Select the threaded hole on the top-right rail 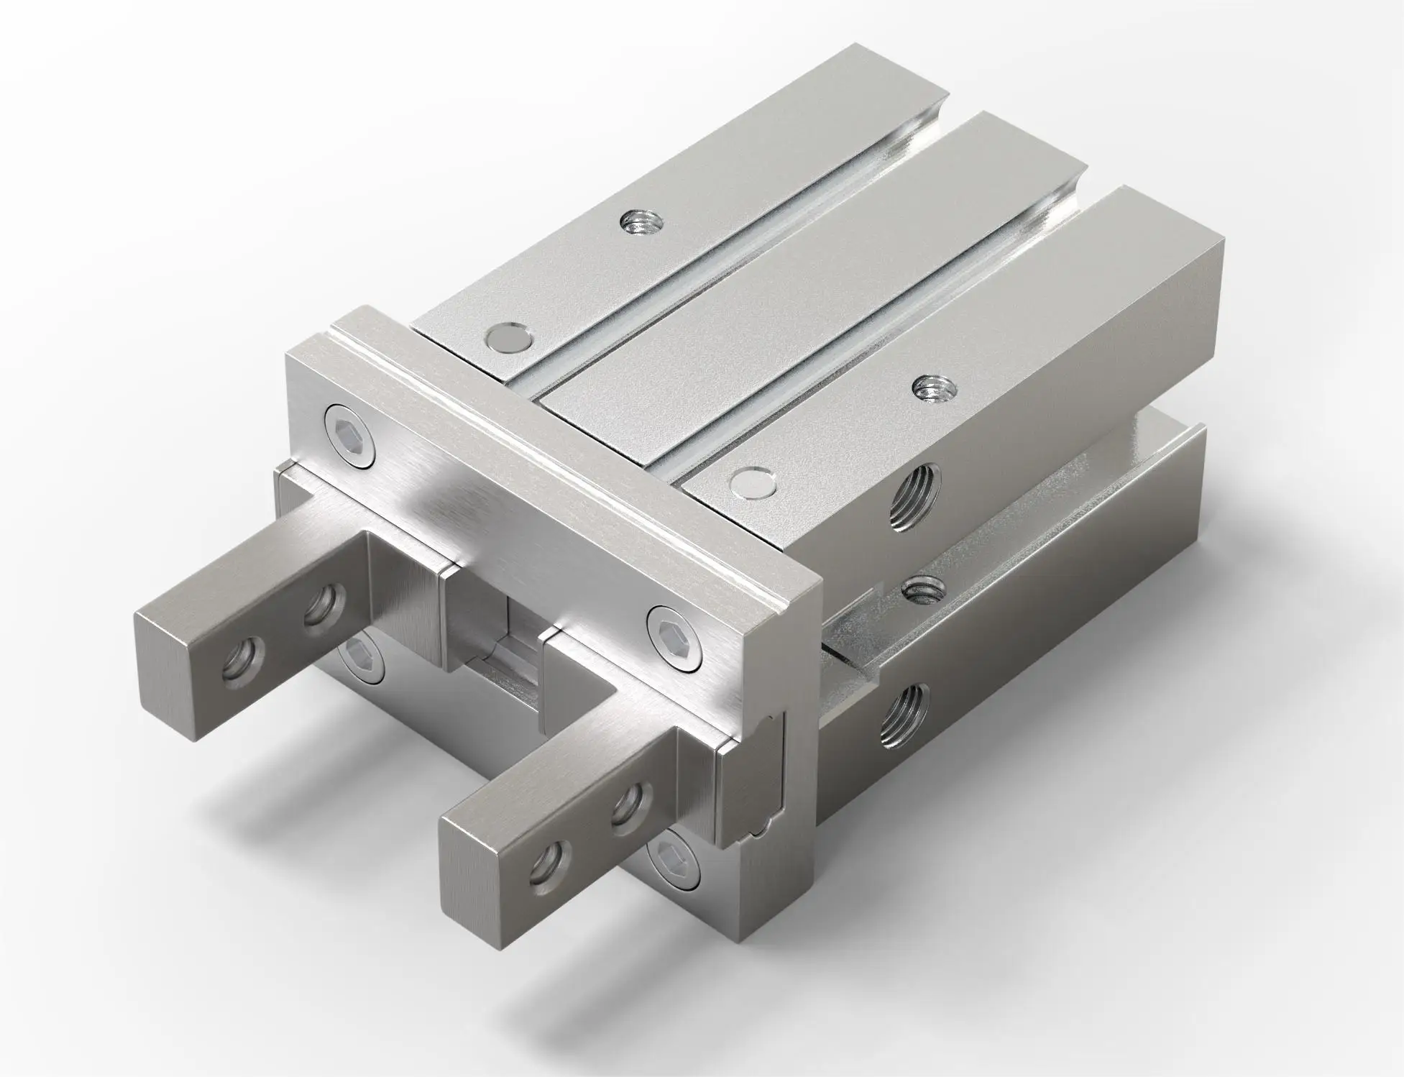[927, 389]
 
